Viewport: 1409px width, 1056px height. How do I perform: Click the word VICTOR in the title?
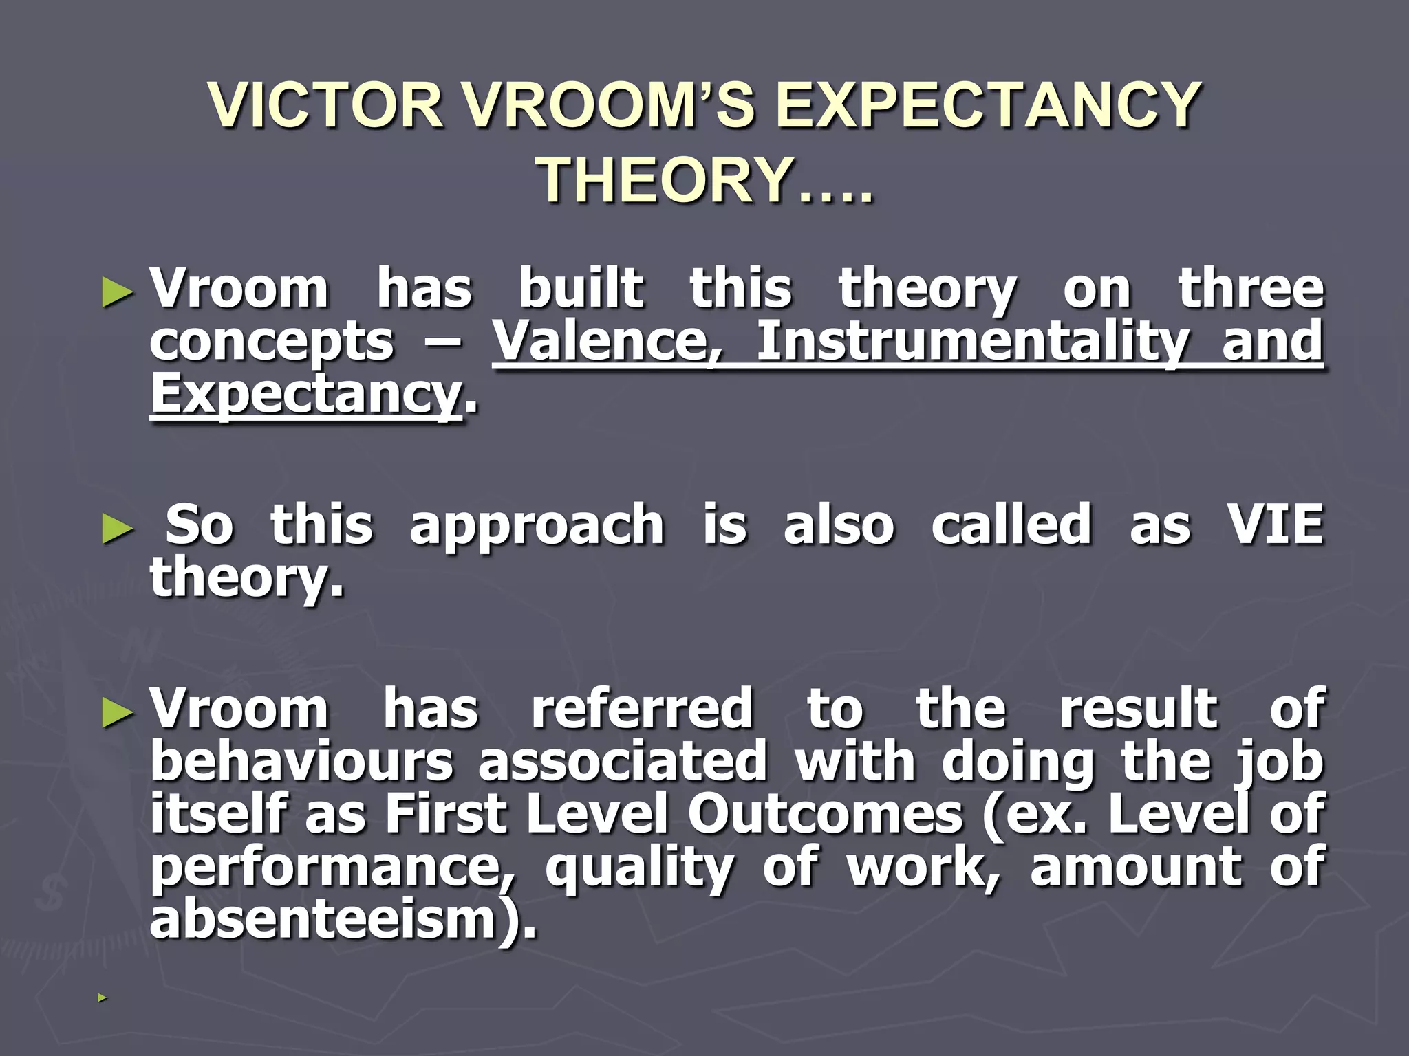pos(326,105)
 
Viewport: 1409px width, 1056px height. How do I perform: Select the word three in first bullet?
pos(1251,289)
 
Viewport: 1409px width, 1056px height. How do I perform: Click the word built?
pos(581,289)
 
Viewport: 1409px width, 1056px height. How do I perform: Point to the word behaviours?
pos(301,762)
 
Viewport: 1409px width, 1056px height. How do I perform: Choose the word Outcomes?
pos(825,814)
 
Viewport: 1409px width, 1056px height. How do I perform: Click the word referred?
pos(642,709)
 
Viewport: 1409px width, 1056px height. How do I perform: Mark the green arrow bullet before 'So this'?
pos(116,529)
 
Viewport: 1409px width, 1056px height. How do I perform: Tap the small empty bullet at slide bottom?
pos(102,998)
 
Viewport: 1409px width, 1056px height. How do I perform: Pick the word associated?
pos(623,762)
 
